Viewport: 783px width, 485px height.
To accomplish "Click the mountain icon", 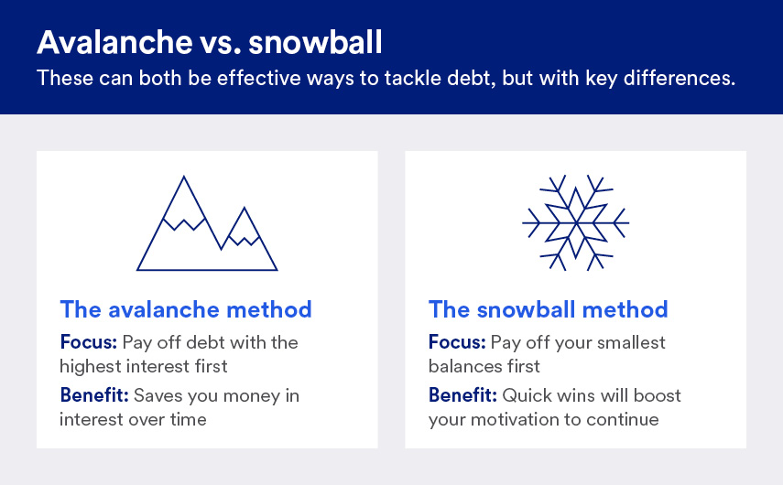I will point(207,224).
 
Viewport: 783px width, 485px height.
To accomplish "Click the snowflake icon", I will point(575,221).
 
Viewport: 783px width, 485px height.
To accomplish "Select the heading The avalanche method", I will point(186,308).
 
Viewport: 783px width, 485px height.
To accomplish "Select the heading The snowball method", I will point(548,308).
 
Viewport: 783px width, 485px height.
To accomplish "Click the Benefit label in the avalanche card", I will point(95,396).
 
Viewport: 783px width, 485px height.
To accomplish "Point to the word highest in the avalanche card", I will point(89,366).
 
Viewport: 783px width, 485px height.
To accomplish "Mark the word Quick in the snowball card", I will point(527,396).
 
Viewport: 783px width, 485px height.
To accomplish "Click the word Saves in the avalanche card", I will point(158,396).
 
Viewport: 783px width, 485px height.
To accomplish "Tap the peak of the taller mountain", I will point(185,178).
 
